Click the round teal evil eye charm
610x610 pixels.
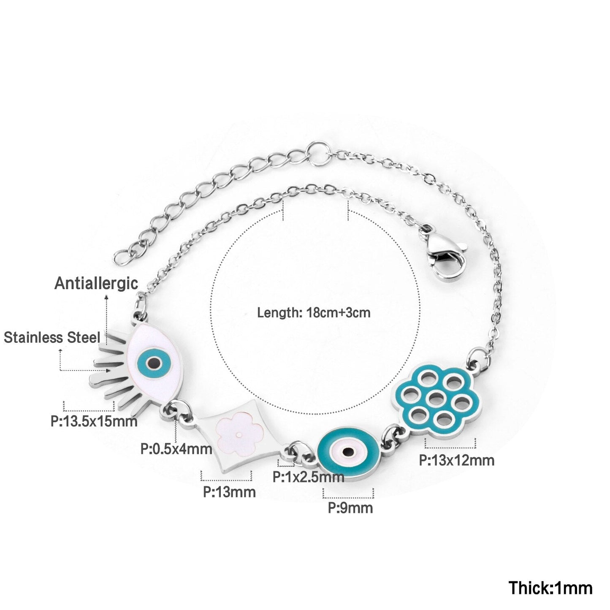[x=348, y=452]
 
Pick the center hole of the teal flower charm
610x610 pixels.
[x=436, y=397]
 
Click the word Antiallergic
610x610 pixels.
[x=96, y=283]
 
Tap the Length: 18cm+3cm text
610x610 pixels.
[x=314, y=313]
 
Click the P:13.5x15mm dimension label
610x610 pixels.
[x=94, y=421]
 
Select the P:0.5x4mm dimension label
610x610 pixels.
[x=176, y=449]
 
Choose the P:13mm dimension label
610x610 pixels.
[x=229, y=492]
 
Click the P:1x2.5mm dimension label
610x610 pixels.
[x=308, y=477]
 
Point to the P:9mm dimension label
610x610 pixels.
[x=350, y=507]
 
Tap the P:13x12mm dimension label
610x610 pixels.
[x=457, y=460]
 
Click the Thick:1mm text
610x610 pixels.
[x=550, y=588]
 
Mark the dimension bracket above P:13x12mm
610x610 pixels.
[x=450, y=444]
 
